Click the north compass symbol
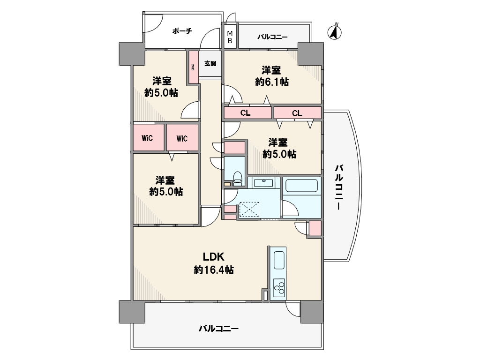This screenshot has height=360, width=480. (x=335, y=31)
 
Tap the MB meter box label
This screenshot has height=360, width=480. (x=230, y=37)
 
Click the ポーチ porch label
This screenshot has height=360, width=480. (x=182, y=31)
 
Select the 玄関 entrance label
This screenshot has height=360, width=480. (x=210, y=63)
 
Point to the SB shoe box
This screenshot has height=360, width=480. (x=193, y=67)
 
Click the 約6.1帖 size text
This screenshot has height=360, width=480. (x=272, y=82)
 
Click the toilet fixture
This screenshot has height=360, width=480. (x=238, y=179)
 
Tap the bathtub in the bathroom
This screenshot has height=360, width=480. (x=301, y=185)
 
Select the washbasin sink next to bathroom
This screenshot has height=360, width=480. (x=263, y=183)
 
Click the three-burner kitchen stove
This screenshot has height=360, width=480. (x=279, y=288)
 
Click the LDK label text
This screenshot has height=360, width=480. (x=214, y=256)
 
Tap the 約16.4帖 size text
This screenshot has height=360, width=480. (x=214, y=270)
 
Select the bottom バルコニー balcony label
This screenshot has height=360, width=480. (x=218, y=329)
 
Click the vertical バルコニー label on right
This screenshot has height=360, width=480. (x=339, y=187)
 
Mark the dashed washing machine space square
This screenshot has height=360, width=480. (x=249, y=210)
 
